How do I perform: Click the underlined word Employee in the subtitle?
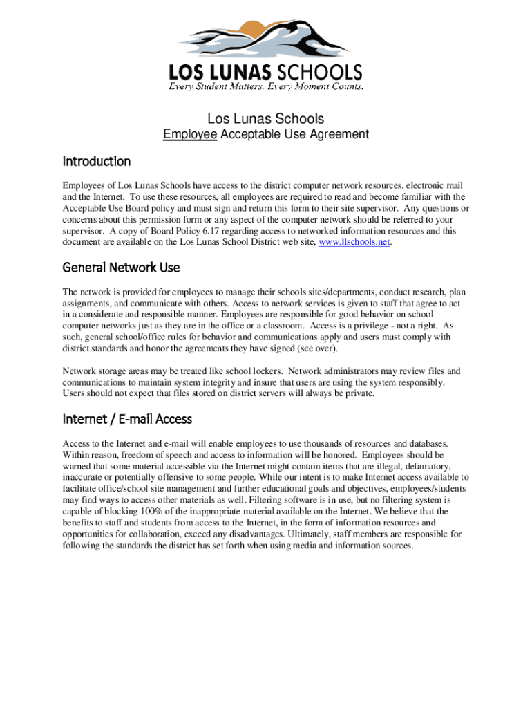coord(190,134)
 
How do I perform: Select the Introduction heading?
coord(97,161)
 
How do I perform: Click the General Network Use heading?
coord(121,268)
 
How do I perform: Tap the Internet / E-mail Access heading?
coord(127,419)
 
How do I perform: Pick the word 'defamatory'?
coord(424,467)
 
